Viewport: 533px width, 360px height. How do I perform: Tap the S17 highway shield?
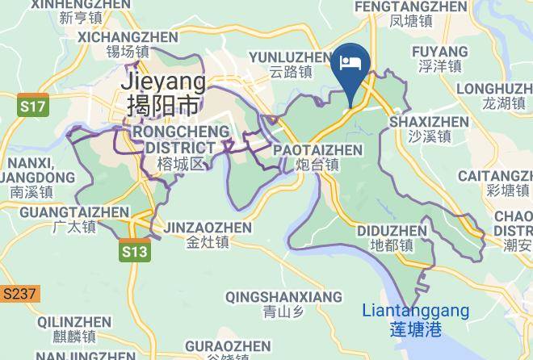pyautogui.click(x=33, y=106)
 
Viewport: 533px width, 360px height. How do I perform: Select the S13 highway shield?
pyautogui.click(x=136, y=252)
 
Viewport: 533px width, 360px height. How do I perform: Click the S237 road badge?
pyautogui.click(x=19, y=294)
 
